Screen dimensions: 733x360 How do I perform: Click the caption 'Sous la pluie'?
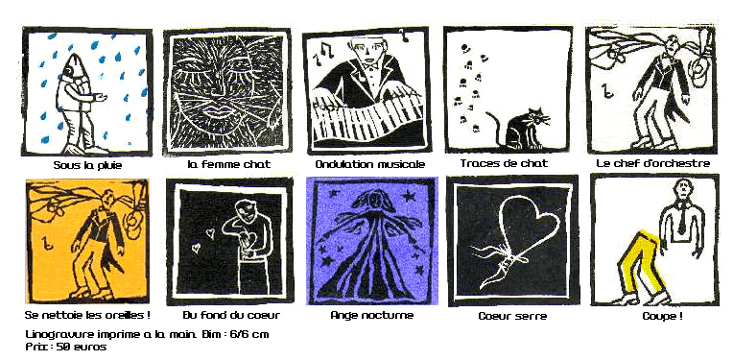(x=87, y=165)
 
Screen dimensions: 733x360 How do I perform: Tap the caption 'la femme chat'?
(x=229, y=164)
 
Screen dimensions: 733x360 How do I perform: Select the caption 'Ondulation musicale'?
(x=369, y=164)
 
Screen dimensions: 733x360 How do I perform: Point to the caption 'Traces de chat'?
(x=504, y=163)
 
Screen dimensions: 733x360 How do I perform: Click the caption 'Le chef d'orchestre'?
(x=653, y=163)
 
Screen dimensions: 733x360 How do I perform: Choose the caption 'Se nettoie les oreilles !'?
(x=87, y=315)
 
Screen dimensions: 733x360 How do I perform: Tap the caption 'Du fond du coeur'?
(x=231, y=315)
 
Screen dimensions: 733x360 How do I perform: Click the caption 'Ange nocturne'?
(x=372, y=315)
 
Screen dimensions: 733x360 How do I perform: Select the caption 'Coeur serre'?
(x=513, y=316)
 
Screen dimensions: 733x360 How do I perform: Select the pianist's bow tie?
(x=372, y=68)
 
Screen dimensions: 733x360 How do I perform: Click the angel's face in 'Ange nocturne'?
(x=375, y=201)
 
